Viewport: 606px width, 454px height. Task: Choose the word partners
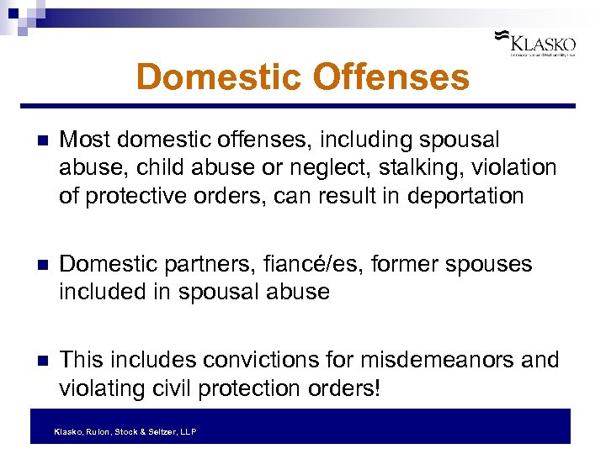(x=189, y=264)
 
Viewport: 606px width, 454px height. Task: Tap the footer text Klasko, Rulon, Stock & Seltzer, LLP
(x=125, y=432)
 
